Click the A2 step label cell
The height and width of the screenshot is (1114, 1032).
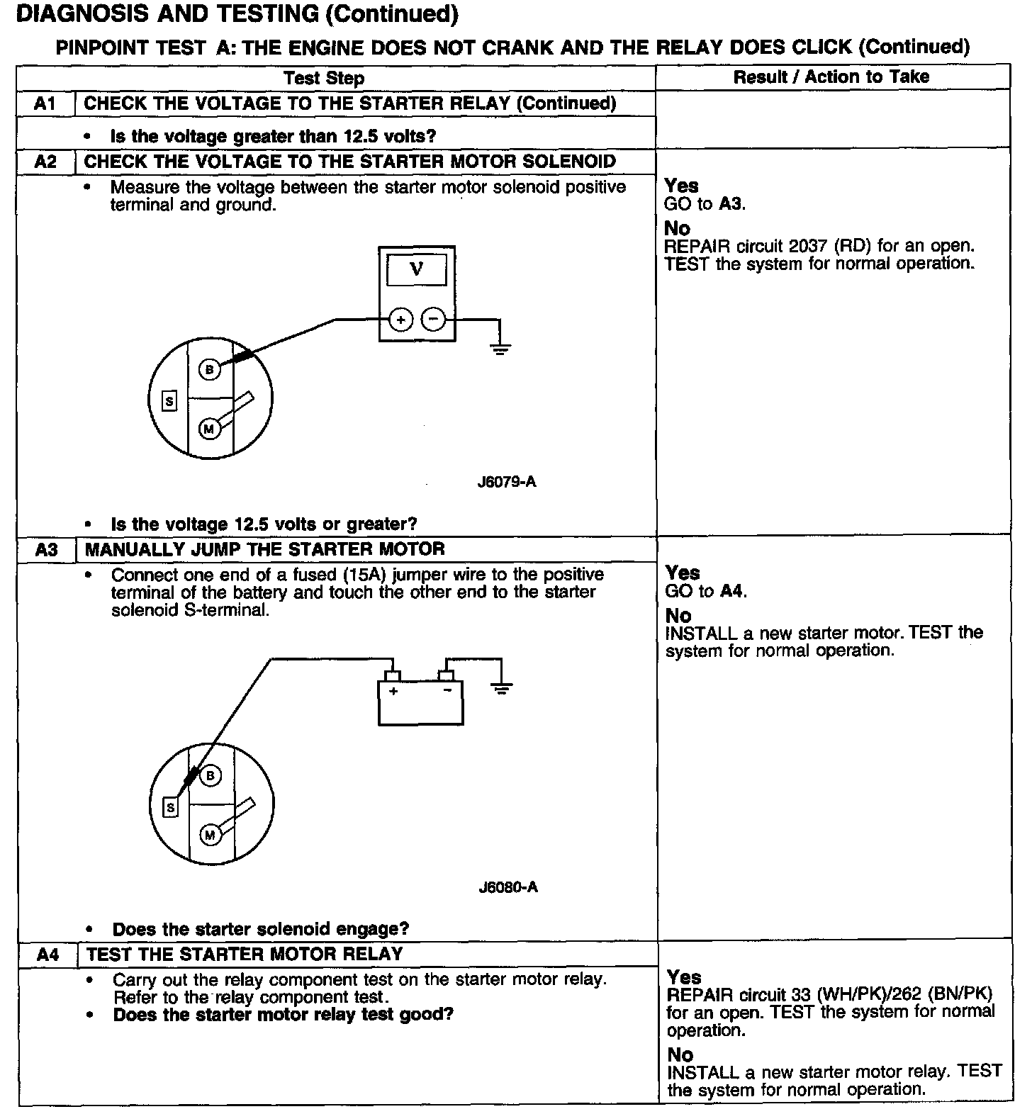pyautogui.click(x=45, y=162)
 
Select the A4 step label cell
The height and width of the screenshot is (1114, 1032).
pyautogui.click(x=47, y=955)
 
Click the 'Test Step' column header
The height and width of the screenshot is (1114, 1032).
pyautogui.click(x=324, y=78)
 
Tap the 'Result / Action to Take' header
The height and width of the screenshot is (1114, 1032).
pyautogui.click(x=831, y=77)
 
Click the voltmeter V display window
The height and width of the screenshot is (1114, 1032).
pyautogui.click(x=416, y=270)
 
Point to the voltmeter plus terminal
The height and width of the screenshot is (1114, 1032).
pyautogui.click(x=400, y=320)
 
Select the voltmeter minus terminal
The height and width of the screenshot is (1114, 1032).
pyautogui.click(x=433, y=320)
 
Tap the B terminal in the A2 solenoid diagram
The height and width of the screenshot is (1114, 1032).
pyautogui.click(x=209, y=369)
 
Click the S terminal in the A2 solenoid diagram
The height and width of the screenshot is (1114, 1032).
pyautogui.click(x=169, y=402)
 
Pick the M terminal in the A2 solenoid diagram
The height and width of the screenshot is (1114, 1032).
pyautogui.click(x=209, y=429)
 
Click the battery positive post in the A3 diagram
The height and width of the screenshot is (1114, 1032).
pyautogui.click(x=392, y=675)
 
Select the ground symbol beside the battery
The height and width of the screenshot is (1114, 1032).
pyautogui.click(x=502, y=687)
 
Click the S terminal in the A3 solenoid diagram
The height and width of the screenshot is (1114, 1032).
pyautogui.click(x=170, y=807)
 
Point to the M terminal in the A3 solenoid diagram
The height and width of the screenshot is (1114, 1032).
pyautogui.click(x=210, y=835)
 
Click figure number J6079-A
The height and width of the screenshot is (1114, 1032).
pyautogui.click(x=507, y=482)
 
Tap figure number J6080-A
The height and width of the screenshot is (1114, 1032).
pyautogui.click(x=508, y=887)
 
